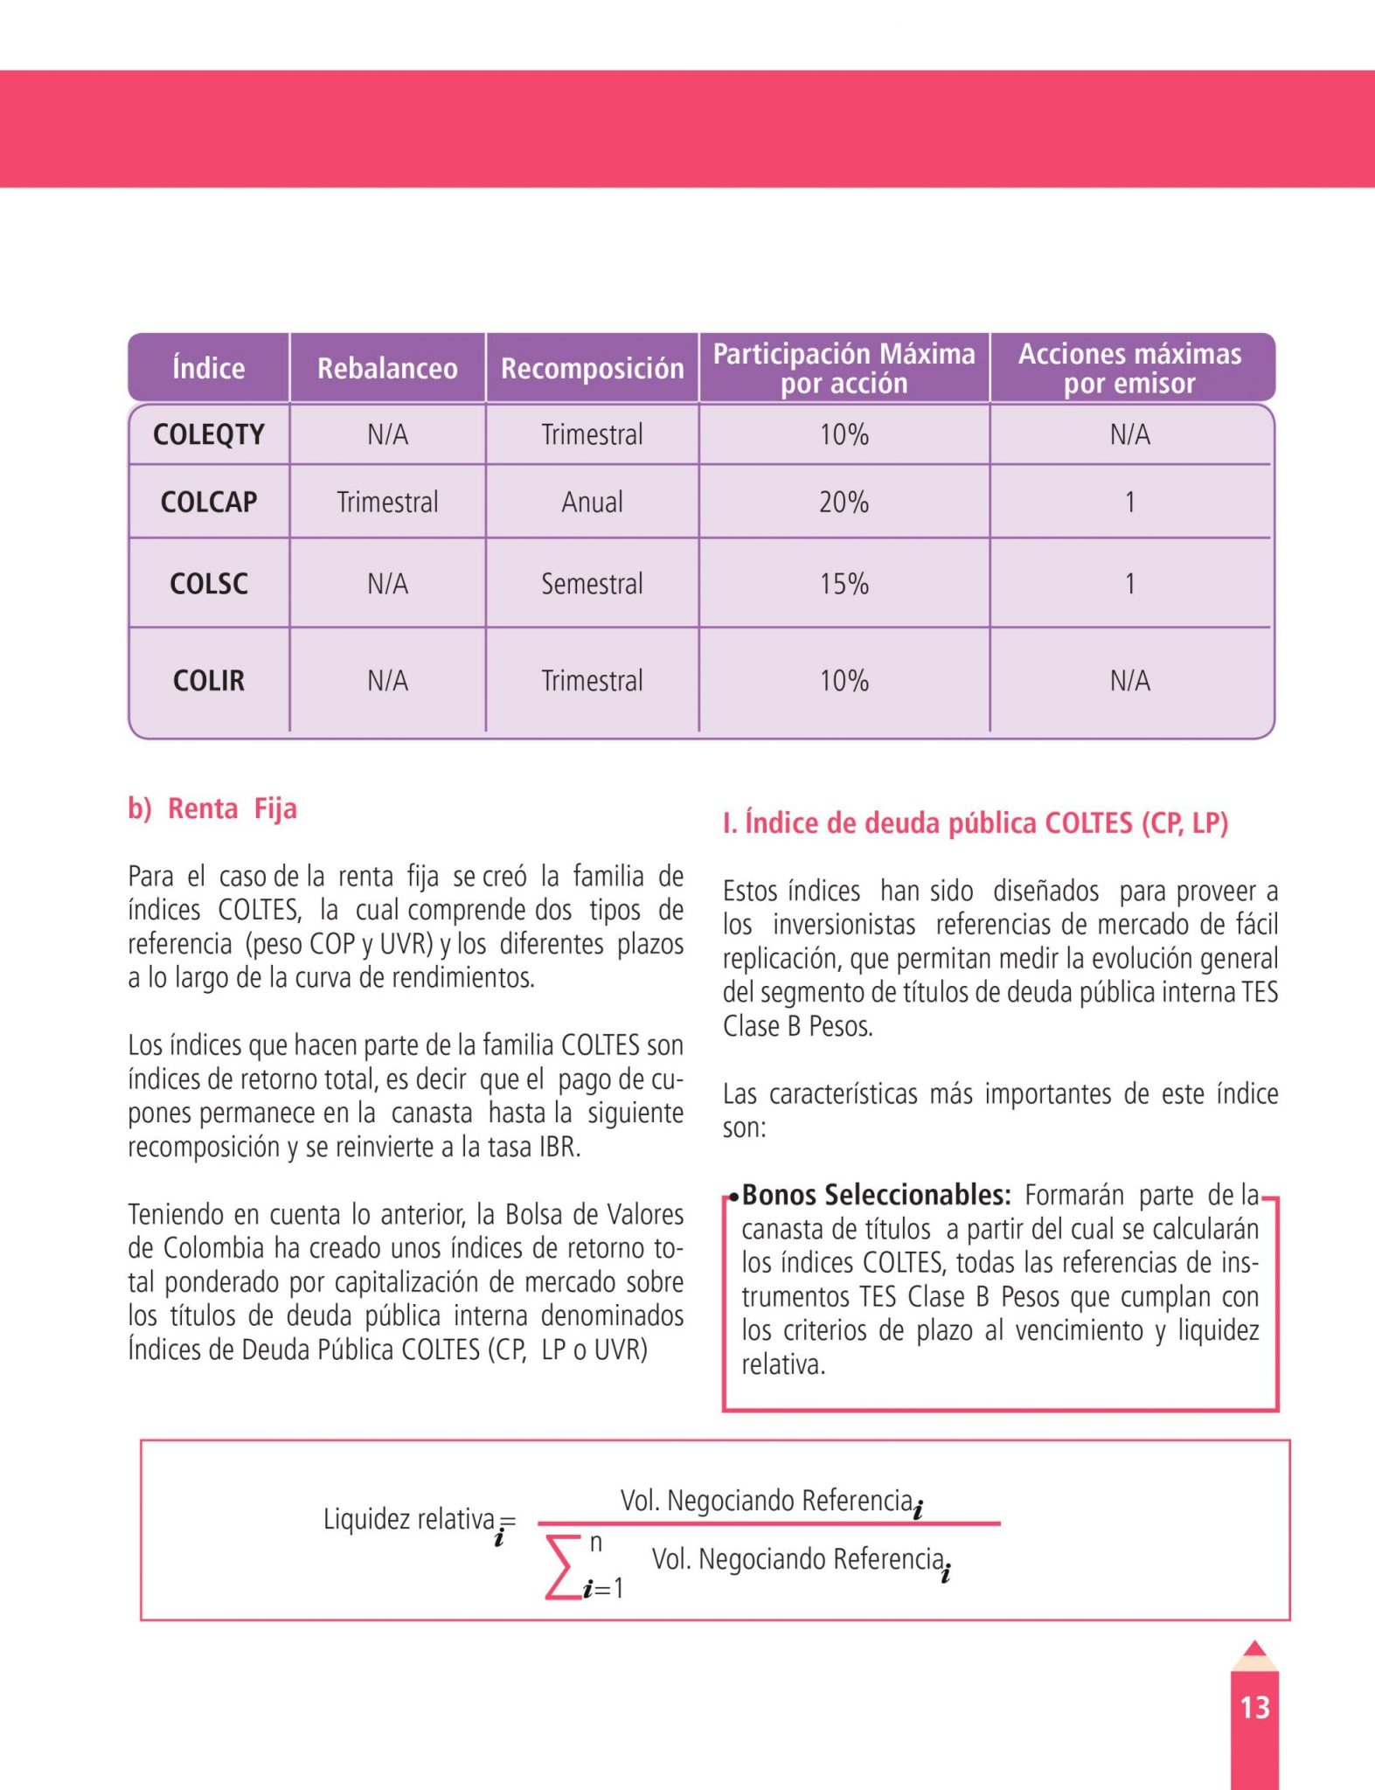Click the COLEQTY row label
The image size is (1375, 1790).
(208, 434)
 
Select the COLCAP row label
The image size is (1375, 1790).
(208, 502)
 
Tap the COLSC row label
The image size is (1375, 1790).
(208, 583)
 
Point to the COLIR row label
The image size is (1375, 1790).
(208, 680)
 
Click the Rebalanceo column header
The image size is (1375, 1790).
(386, 368)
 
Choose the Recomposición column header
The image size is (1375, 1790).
(592, 368)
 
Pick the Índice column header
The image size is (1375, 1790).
(208, 368)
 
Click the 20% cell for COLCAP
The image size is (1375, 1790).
(844, 502)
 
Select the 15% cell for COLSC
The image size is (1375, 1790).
(844, 583)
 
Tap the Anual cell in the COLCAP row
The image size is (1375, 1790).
(592, 502)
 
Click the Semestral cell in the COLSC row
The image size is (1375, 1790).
(592, 583)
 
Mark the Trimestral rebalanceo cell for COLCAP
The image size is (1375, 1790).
(387, 502)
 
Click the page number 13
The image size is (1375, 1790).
(1254, 1707)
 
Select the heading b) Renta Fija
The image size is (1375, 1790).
(212, 808)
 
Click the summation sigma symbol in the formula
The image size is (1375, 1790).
(562, 1566)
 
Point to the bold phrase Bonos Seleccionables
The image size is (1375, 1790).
(876, 1195)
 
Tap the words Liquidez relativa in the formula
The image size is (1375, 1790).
(408, 1519)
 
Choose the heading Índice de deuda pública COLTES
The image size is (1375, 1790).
(976, 823)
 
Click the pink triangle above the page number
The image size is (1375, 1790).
(1254, 1649)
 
